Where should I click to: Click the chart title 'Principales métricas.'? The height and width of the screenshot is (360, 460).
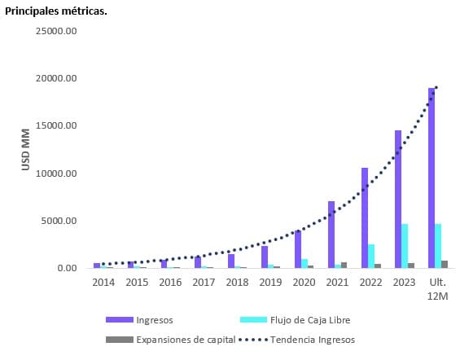click(x=56, y=11)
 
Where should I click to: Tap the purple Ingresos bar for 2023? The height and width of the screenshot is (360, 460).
click(x=398, y=199)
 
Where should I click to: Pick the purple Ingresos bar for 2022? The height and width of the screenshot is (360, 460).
click(x=365, y=217)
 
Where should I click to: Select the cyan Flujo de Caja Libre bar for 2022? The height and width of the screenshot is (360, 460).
click(x=372, y=256)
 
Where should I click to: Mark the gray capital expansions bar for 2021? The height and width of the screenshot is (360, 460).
click(x=344, y=265)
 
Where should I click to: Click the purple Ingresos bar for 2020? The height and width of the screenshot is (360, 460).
click(x=298, y=249)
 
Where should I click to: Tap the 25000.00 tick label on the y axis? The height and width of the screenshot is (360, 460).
click(x=56, y=31)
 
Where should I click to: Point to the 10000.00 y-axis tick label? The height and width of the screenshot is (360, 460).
click(x=56, y=173)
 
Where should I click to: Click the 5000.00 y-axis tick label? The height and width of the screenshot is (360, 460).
click(x=59, y=221)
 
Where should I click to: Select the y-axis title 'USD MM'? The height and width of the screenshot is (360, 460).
click(x=25, y=149)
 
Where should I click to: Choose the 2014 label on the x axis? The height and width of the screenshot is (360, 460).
click(x=103, y=282)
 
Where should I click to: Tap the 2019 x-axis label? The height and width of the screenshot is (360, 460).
click(x=270, y=282)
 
